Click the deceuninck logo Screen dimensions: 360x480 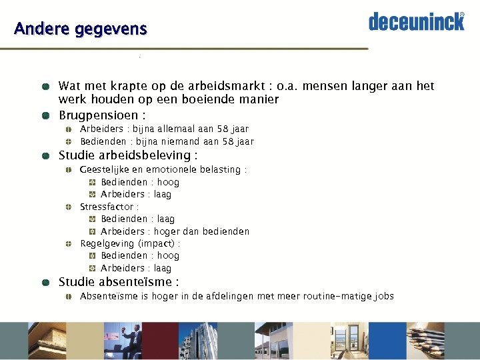[x=417, y=21]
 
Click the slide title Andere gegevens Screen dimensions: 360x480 [x=80, y=29]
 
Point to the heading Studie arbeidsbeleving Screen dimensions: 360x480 [x=127, y=156]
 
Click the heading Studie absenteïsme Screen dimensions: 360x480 [x=118, y=282]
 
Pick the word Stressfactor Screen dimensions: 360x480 [x=107, y=207]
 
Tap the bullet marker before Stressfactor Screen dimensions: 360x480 [x=69, y=207]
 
